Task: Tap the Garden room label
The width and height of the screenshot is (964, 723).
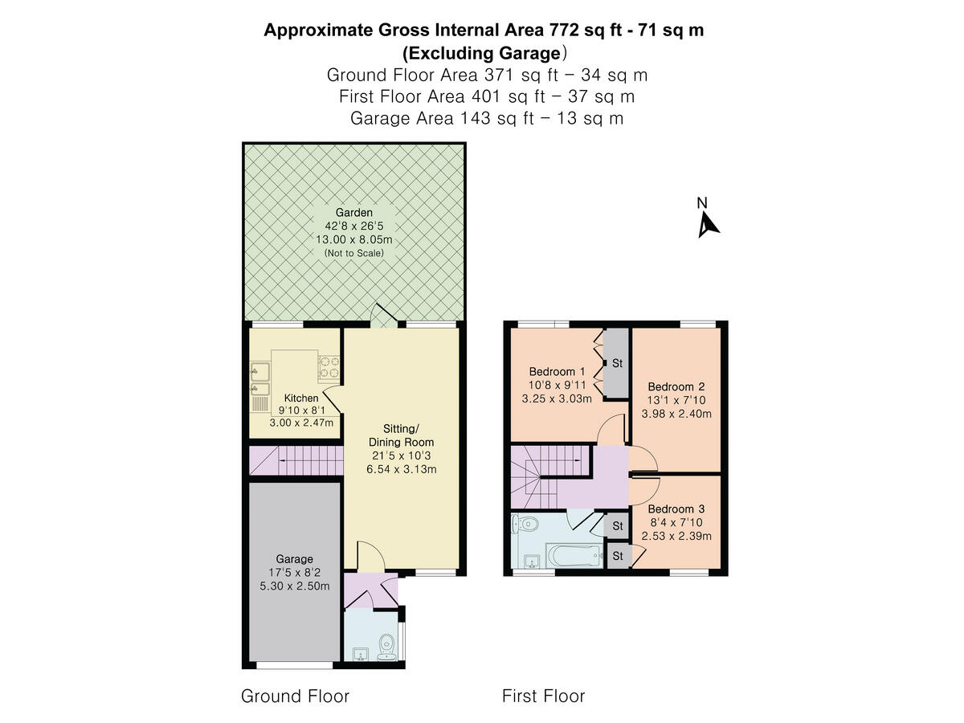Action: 354,213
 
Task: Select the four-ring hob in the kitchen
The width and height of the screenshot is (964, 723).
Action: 329,367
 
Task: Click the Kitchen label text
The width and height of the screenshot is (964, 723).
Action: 301,398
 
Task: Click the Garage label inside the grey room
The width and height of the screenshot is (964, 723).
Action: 294,559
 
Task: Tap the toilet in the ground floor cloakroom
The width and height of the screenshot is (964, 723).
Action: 387,643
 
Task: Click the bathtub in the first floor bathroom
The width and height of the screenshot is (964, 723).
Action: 574,555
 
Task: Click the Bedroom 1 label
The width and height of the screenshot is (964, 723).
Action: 557,372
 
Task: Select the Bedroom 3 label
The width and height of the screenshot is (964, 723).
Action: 676,509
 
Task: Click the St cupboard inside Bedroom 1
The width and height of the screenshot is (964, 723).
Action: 617,363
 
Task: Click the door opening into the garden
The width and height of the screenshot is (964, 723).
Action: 383,318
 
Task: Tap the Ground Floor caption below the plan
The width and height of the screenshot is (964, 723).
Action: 295,696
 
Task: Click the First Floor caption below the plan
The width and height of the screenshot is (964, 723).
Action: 543,696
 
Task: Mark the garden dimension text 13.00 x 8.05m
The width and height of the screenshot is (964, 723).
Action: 353,239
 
